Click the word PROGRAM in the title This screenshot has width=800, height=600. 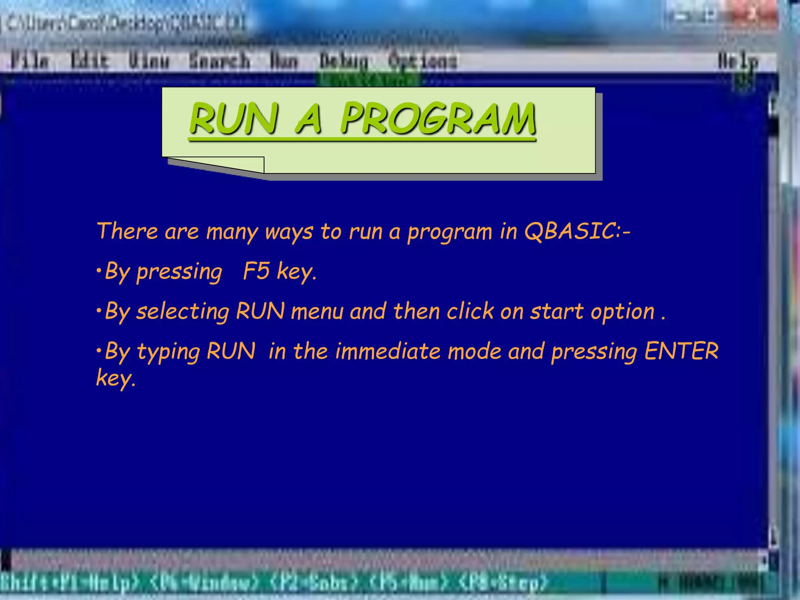pyautogui.click(x=437, y=119)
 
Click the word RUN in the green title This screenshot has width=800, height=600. pyautogui.click(x=234, y=119)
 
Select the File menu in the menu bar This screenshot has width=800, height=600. pyautogui.click(x=29, y=61)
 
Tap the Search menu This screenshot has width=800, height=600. pyautogui.click(x=219, y=61)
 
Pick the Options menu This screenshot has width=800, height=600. pyautogui.click(x=422, y=61)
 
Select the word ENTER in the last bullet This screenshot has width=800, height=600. pyautogui.click(x=681, y=351)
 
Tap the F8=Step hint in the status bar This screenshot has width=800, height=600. pyautogui.click(x=504, y=583)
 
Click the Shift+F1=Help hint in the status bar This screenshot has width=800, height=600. pyautogui.click(x=68, y=583)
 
